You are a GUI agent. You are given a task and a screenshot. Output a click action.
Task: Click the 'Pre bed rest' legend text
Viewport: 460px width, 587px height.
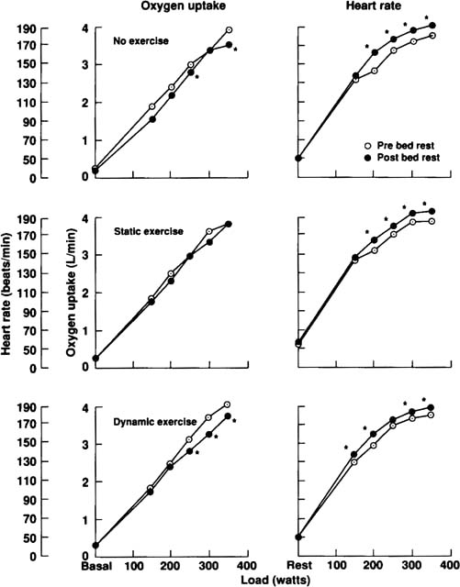click(408, 145)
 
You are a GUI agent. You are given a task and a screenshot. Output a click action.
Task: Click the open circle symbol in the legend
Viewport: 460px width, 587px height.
click(367, 145)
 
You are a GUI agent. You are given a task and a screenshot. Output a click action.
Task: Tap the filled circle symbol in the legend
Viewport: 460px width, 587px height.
click(367, 159)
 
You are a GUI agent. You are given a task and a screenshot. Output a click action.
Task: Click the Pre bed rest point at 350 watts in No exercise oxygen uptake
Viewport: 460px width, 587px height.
click(229, 30)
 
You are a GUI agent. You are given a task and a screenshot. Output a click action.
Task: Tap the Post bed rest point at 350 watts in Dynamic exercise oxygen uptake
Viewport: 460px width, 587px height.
click(229, 416)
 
